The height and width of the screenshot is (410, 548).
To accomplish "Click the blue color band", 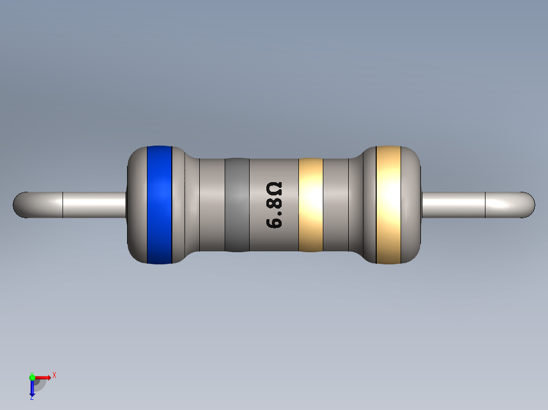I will tap(159, 205).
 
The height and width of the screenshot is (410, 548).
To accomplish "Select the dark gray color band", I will tap(237, 205).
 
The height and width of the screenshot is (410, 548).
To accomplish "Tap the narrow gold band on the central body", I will tap(311, 205).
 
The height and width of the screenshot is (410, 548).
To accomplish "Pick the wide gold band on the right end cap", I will tap(388, 205).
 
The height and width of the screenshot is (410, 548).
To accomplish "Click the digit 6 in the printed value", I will tap(274, 222).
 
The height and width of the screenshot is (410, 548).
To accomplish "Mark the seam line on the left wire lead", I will tap(63, 205).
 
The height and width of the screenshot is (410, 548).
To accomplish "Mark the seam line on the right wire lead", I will tap(485, 205).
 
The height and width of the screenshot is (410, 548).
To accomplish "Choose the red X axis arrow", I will tap(43, 377).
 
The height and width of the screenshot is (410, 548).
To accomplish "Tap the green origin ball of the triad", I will tap(32, 377).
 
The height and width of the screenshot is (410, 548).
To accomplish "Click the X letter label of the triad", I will tap(54, 375).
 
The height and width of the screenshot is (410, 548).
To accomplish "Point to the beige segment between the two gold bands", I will tap(336, 205).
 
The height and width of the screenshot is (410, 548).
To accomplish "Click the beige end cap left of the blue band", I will tap(137, 205).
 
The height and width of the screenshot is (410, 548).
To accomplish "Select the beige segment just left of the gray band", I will tap(212, 205).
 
